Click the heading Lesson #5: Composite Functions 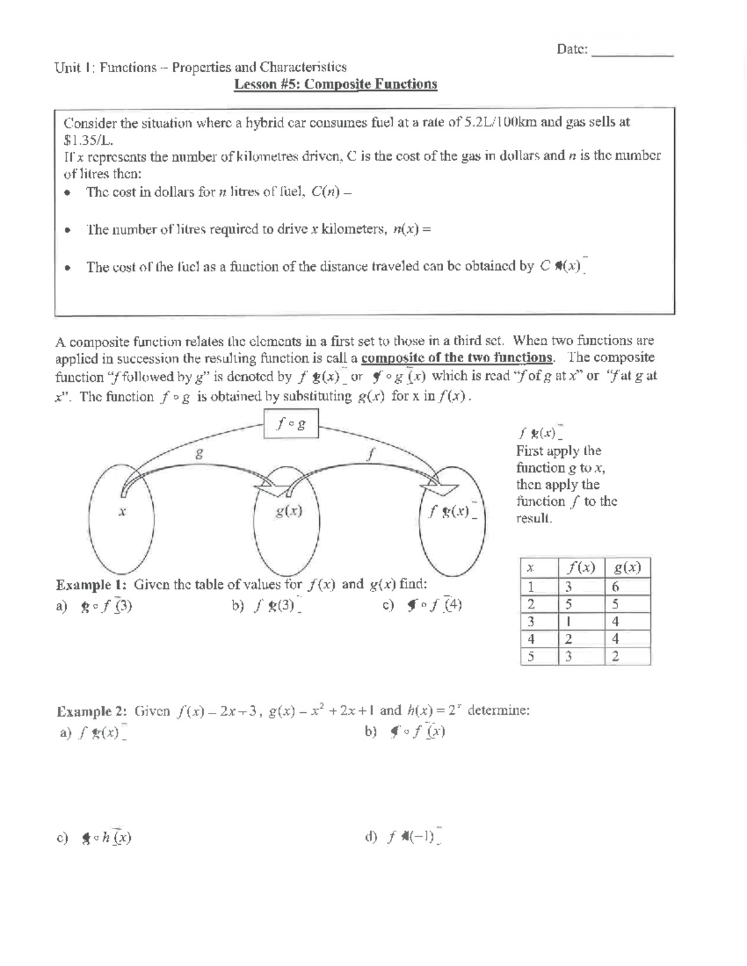coord(336,84)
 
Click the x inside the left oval coord(122,511)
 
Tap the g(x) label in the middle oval coord(289,511)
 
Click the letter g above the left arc coord(199,454)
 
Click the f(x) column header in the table coord(580,567)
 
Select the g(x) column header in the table coord(627,567)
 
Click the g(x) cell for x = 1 coord(616,587)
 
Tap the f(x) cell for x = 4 coord(569,639)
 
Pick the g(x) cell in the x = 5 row coord(616,656)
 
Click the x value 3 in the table coord(530,621)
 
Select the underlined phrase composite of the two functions coord(457,358)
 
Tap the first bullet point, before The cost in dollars coord(67,193)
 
